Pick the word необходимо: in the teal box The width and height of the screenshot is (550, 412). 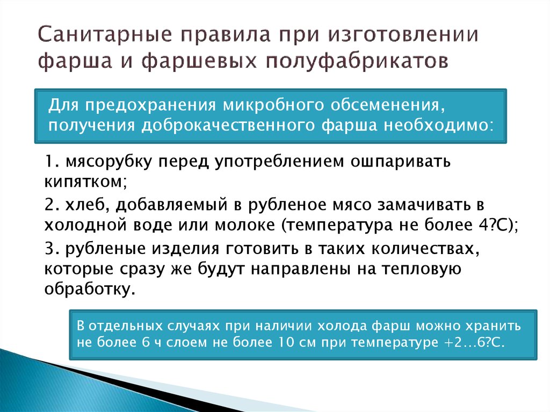[438, 125]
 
